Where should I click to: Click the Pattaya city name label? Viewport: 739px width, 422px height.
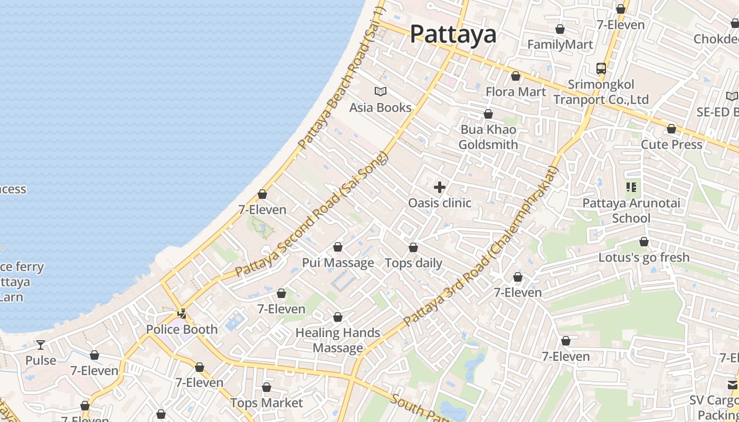coord(453,34)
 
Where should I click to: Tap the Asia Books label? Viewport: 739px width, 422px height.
coord(380,108)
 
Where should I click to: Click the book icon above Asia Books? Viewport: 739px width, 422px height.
coord(381,92)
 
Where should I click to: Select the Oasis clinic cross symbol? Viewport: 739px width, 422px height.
coord(439,187)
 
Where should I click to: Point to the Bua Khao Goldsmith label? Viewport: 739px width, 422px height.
coord(488,137)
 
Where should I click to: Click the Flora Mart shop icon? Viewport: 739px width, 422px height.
coord(516,76)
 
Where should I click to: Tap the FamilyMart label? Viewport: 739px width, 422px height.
coord(560,45)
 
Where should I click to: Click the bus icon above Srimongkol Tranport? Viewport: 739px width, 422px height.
coord(601,69)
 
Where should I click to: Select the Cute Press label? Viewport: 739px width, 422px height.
coord(671,145)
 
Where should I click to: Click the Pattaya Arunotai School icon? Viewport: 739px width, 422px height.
coord(631,187)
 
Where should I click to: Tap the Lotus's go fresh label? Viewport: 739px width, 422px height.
coord(643,257)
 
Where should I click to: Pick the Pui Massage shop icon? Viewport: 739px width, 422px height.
coord(338,247)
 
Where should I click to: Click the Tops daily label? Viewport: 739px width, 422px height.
coord(413,263)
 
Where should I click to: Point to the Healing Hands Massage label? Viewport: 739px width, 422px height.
coord(338,340)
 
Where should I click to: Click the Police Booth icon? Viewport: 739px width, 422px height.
coord(182,314)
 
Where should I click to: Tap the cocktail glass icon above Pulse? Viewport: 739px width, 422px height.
coord(41,345)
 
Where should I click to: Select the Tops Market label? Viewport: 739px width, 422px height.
coord(267,403)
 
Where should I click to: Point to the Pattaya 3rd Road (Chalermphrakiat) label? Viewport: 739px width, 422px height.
coord(480,246)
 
